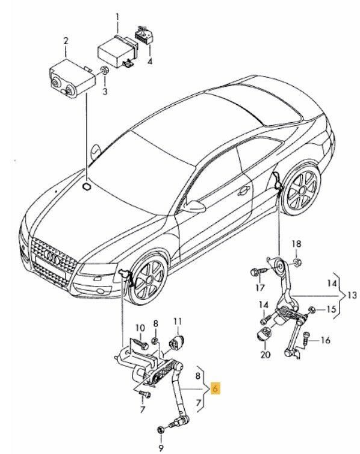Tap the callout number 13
point(352,295)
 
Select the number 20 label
point(265,355)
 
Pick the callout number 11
point(178,320)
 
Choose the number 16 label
point(325,340)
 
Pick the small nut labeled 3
point(105,73)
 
